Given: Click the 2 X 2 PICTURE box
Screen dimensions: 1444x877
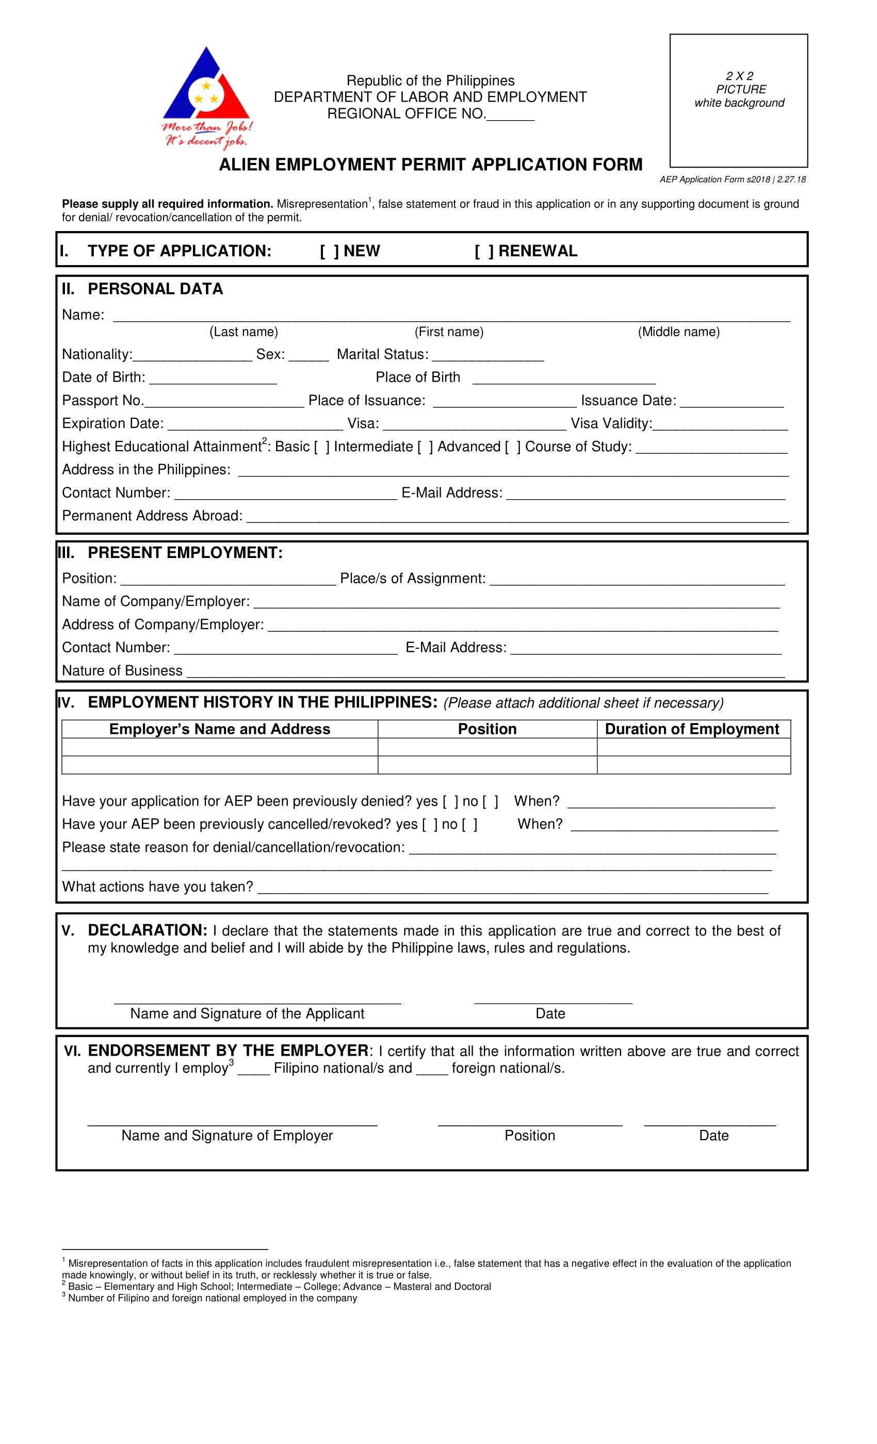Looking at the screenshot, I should click(738, 101).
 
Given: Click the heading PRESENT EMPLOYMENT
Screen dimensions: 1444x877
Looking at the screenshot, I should click(185, 553).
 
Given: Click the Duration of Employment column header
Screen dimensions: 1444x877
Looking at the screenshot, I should click(692, 729).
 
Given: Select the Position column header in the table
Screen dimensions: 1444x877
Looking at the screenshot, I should click(486, 729).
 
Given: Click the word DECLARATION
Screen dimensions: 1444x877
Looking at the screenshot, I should click(147, 931).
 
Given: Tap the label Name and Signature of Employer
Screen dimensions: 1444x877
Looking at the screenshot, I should click(227, 1136).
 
